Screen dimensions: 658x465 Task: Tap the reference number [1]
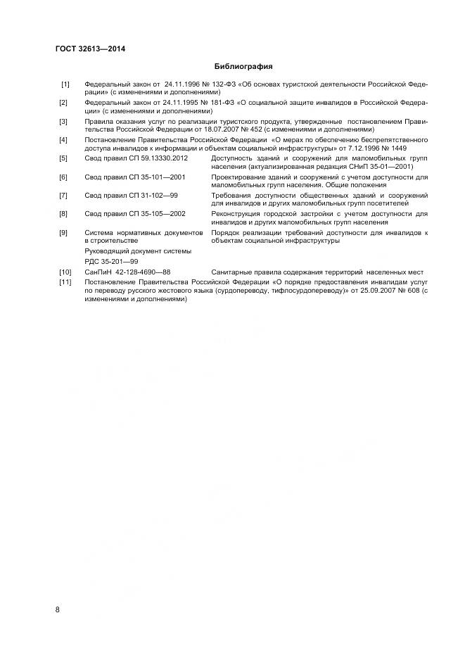point(65,84)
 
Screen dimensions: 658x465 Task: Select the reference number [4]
point(65,139)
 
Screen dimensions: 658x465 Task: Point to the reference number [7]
point(65,195)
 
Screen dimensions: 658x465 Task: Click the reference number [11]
point(66,282)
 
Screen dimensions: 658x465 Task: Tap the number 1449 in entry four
point(398,148)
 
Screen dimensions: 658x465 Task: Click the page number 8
point(57,609)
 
